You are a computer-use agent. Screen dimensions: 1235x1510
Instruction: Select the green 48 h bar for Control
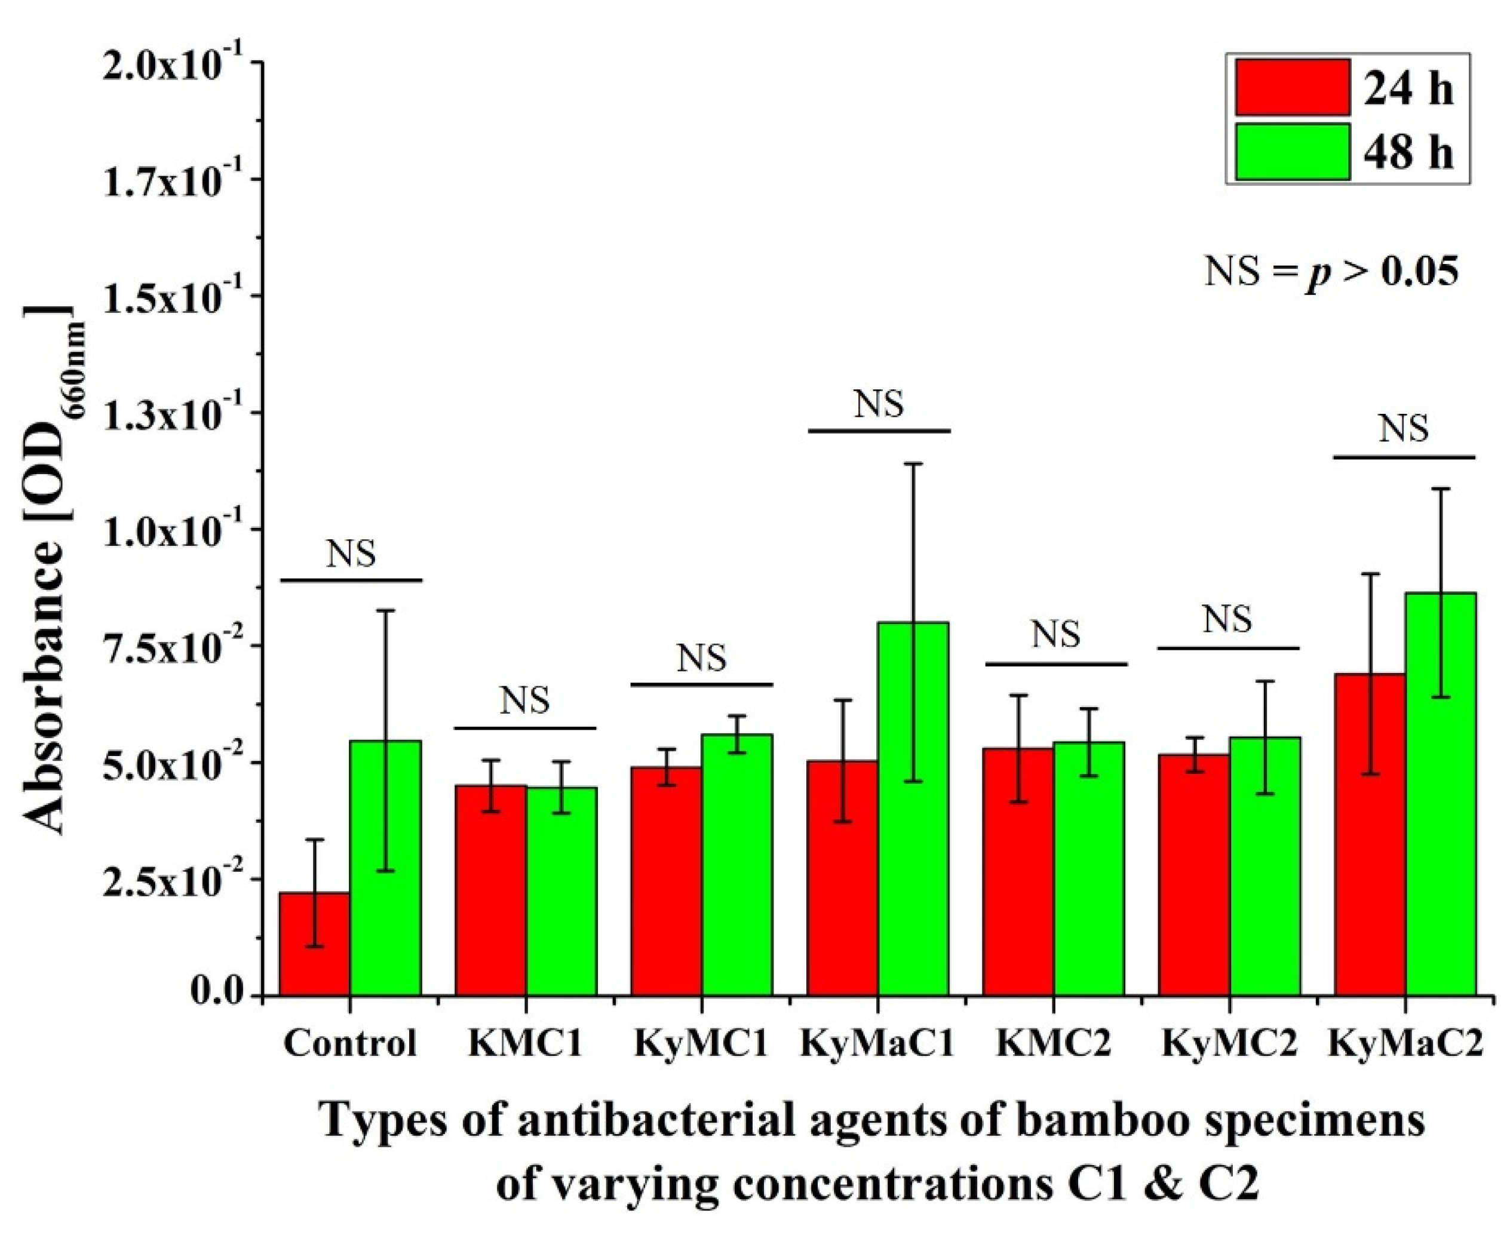coord(385,868)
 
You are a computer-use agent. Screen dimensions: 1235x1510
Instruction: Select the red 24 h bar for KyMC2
coord(1194,874)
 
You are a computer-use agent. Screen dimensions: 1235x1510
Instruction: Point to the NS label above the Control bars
coord(351,554)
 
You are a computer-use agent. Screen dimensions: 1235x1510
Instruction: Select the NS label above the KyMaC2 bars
coord(1403,429)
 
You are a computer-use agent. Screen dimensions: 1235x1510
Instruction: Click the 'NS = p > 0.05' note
coord(1331,272)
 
